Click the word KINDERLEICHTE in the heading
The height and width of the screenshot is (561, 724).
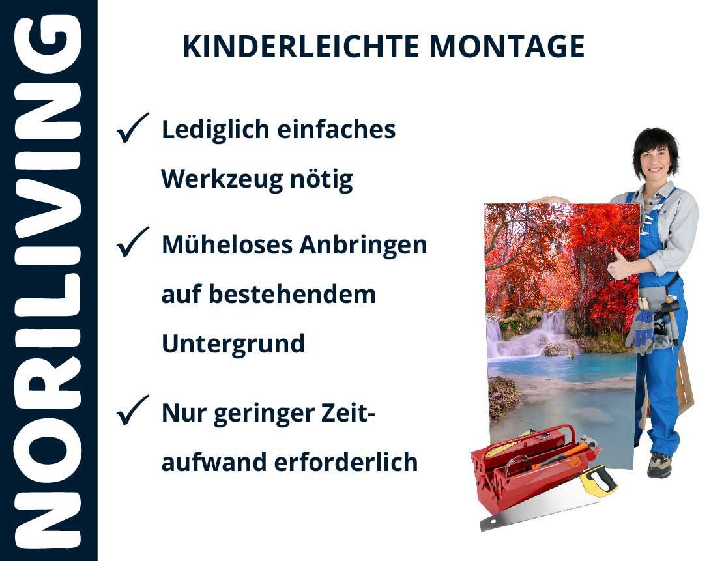pos(300,47)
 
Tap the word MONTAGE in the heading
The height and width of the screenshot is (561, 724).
pos(507,47)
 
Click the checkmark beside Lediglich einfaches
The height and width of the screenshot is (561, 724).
pos(132,128)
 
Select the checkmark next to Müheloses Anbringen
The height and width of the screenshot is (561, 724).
pos(132,242)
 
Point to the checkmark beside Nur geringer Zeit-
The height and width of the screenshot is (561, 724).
pos(132,410)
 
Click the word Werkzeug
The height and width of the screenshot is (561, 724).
pos(222,179)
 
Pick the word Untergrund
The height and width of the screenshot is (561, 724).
pos(233,344)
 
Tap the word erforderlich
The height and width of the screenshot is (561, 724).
pos(346,462)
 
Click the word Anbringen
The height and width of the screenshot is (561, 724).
pos(363,245)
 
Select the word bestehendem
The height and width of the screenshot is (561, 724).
pos(293,295)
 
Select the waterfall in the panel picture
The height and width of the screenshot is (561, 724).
pos(531,335)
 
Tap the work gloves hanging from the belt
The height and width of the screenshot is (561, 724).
pos(643,330)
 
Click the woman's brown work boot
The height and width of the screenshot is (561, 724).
pos(659,465)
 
